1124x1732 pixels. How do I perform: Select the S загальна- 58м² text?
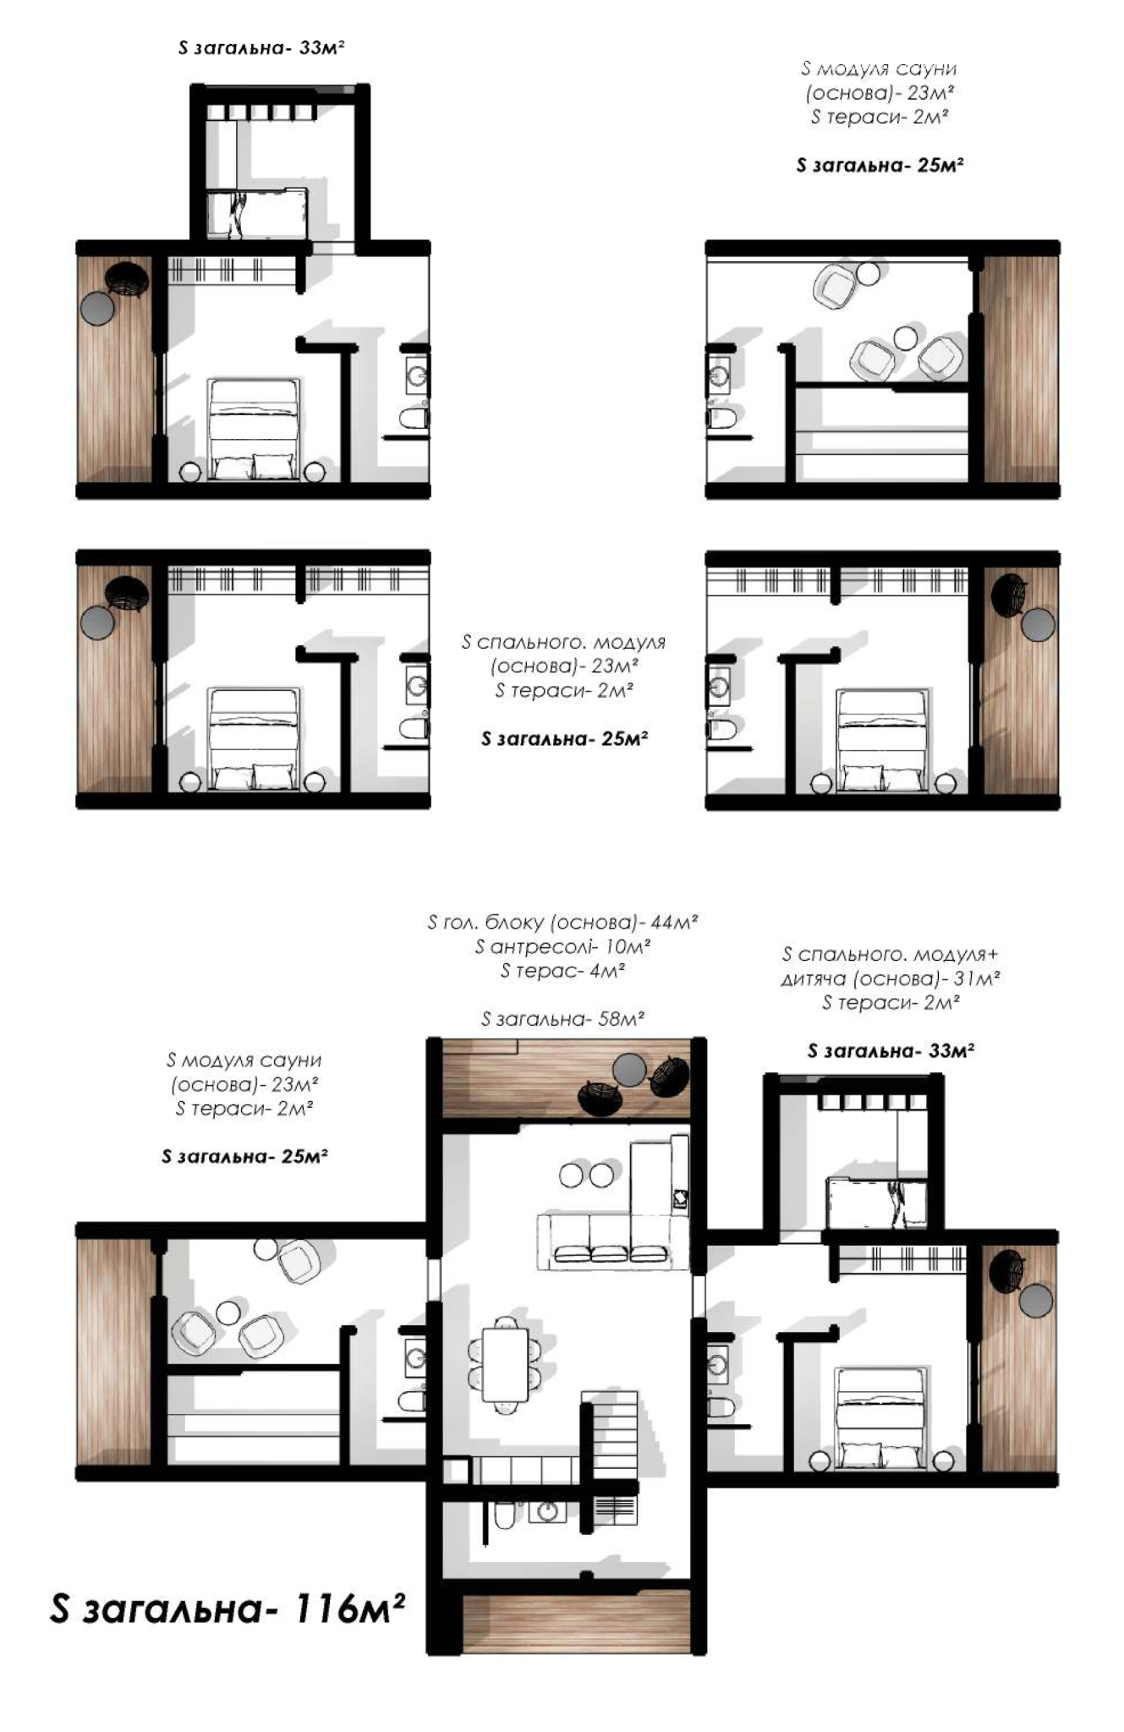tap(562, 1019)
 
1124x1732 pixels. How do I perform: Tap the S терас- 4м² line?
tap(562, 971)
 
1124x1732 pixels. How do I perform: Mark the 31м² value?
tap(977, 979)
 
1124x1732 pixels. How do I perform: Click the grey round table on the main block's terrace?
tap(630, 1071)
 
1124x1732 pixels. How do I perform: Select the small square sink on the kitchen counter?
tap(680, 1198)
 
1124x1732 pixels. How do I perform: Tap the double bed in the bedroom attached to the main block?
tap(879, 1418)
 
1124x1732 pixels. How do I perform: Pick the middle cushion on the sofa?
tap(611, 1252)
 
